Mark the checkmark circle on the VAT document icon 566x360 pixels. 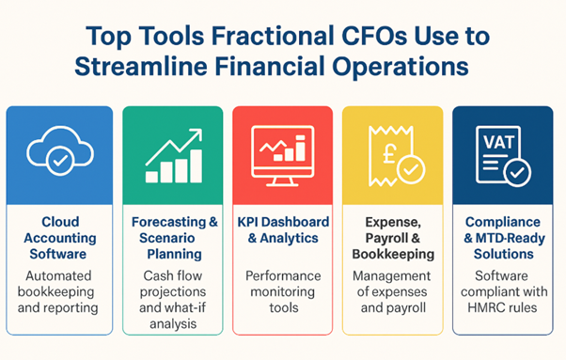coord(516,169)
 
